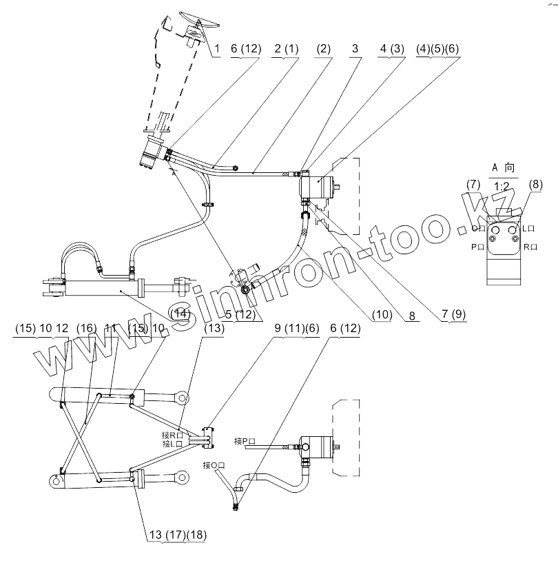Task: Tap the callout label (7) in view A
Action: click(473, 184)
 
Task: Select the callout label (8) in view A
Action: click(536, 184)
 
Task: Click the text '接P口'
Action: click(245, 441)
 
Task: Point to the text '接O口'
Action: click(213, 466)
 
